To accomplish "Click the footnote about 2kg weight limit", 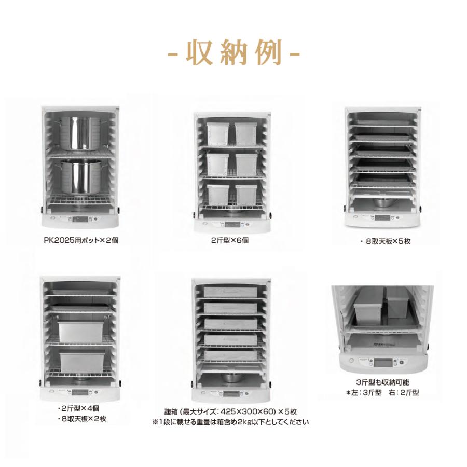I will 230,422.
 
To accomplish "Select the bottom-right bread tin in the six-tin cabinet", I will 245,195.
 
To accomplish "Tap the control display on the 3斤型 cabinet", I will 384,362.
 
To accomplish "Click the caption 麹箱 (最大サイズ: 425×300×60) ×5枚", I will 230,411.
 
